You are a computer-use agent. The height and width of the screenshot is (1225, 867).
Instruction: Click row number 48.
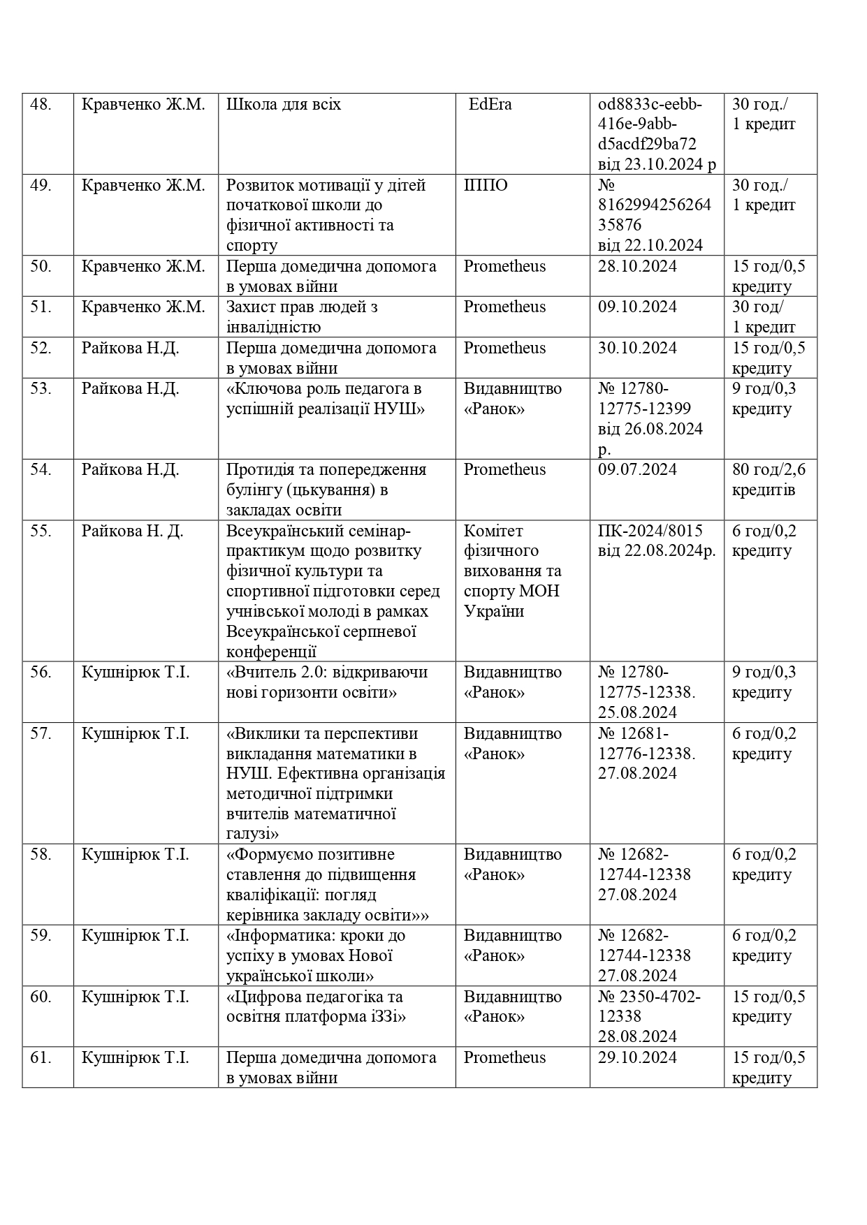tap(41, 105)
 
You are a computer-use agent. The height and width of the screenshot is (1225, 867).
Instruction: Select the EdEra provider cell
tap(490, 105)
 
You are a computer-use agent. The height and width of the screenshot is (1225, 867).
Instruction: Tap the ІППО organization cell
tap(486, 186)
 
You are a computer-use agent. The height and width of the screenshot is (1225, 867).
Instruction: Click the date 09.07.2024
tap(637, 469)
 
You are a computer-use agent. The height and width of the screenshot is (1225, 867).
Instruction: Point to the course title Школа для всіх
tap(284, 105)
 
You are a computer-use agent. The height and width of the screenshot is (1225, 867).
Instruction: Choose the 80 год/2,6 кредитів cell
tap(768, 479)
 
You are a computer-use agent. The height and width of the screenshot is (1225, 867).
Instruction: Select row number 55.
tap(41, 531)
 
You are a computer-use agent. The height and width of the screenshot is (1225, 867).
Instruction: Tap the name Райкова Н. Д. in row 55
tap(133, 531)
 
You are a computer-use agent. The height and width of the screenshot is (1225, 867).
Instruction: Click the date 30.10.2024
tap(637, 348)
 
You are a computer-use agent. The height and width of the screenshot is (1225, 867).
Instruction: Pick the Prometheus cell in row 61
tap(504, 1057)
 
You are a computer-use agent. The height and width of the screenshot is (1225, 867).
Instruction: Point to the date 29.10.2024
tap(637, 1057)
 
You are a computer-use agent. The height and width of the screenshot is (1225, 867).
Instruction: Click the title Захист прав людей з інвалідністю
tap(302, 316)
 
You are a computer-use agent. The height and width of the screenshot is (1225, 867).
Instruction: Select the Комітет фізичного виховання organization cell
tap(513, 571)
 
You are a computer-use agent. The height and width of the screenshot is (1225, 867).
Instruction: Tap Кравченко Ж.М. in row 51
tap(143, 307)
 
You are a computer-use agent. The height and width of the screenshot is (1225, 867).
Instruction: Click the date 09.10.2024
tap(637, 307)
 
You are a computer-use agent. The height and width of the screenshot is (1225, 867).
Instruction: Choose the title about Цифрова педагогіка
tap(315, 1006)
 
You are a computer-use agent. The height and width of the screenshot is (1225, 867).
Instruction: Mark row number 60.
tap(41, 997)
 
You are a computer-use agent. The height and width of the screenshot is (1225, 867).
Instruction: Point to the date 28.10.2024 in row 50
tap(637, 267)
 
